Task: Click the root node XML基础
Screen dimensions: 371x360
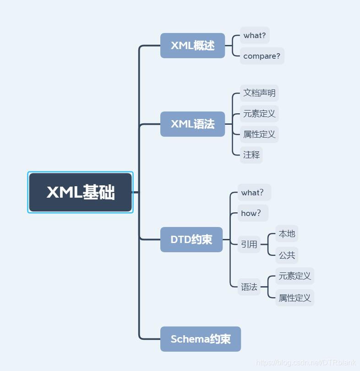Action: (x=80, y=192)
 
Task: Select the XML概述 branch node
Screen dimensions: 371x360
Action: (x=192, y=45)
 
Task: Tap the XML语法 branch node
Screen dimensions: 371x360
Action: (x=192, y=124)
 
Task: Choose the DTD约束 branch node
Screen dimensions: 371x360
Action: (x=191, y=239)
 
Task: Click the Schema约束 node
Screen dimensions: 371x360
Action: (x=200, y=339)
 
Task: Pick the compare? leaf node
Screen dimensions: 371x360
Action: (x=262, y=56)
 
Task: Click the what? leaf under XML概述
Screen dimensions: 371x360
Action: (x=255, y=35)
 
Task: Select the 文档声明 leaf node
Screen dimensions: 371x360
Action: (x=259, y=93)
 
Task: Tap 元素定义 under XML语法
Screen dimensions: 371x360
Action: (x=259, y=114)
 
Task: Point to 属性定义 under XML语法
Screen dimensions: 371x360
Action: (x=259, y=134)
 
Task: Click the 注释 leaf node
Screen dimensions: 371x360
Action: (x=251, y=155)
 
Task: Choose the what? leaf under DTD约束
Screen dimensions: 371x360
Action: (x=253, y=193)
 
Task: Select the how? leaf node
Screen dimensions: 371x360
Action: (x=251, y=213)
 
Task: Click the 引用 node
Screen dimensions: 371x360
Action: (x=249, y=244)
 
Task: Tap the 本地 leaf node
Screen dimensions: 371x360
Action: (x=287, y=234)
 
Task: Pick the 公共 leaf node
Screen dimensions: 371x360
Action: (x=287, y=255)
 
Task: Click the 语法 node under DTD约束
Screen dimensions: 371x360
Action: (x=249, y=287)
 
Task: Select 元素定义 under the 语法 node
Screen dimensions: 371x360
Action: (x=295, y=276)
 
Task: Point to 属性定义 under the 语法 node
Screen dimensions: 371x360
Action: (x=295, y=298)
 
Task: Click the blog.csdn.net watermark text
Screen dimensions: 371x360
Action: (x=305, y=362)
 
